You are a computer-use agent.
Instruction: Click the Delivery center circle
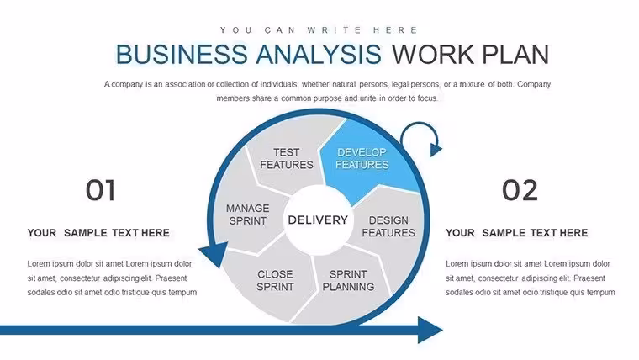tap(318, 220)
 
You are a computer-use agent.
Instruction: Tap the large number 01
tap(100, 190)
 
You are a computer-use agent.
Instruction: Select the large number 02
tap(520, 190)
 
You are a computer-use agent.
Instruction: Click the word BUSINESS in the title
tap(182, 54)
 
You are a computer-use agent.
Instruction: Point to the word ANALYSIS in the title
tap(319, 54)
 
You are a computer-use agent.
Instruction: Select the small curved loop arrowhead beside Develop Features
tap(436, 150)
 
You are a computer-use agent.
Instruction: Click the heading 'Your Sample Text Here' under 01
tap(98, 233)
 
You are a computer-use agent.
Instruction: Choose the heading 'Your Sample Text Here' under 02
tap(516, 233)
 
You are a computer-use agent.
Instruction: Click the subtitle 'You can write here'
tap(319, 30)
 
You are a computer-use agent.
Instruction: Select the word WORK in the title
tap(433, 54)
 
